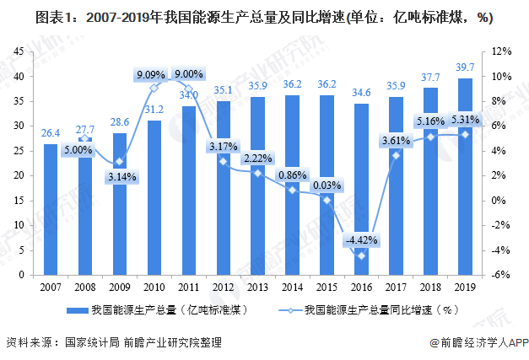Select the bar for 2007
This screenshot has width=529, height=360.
point(51,211)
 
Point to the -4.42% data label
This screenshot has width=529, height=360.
point(360,239)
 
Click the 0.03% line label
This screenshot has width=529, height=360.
point(326,185)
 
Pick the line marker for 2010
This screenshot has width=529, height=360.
point(154,88)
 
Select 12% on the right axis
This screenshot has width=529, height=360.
point(500,52)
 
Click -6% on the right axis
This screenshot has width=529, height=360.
point(500,276)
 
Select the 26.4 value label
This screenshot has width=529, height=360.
point(51,132)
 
